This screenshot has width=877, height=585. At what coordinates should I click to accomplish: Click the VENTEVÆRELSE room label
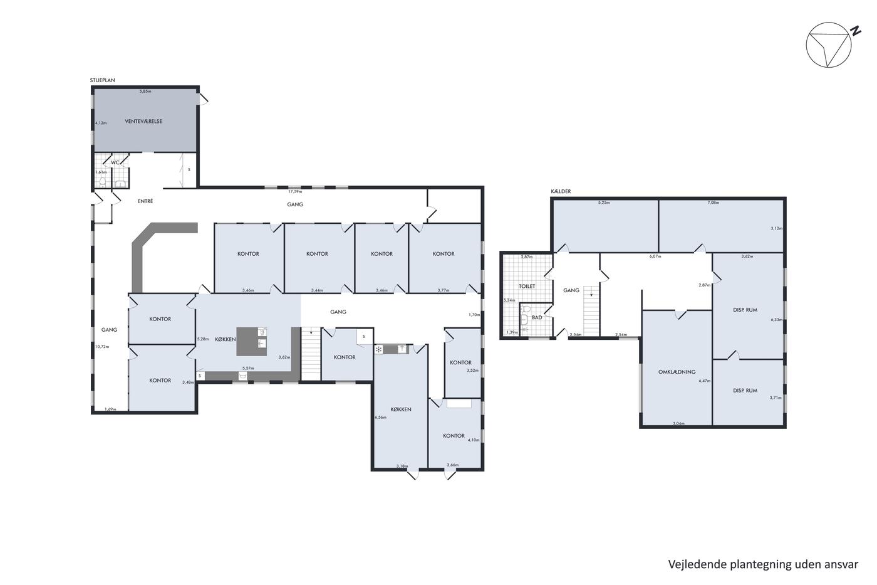point(143,122)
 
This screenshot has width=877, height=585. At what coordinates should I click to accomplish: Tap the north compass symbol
point(829,45)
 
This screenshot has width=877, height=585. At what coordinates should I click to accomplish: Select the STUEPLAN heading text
point(103,80)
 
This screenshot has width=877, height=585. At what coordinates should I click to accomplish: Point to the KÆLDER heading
point(561,191)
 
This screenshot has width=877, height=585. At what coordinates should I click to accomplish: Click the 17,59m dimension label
point(295,192)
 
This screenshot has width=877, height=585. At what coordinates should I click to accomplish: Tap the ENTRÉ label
point(145,201)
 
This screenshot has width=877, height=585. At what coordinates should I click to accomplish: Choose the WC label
point(115,162)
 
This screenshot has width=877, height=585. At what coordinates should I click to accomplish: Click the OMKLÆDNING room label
point(677,372)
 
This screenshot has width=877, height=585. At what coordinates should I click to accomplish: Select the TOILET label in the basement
point(527,287)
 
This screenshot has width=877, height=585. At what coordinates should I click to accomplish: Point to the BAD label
point(537,317)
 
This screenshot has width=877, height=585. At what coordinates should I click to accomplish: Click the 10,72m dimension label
point(102,347)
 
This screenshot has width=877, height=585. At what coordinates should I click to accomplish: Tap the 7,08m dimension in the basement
point(714,203)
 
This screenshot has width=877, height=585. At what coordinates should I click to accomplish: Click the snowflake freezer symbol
point(378,349)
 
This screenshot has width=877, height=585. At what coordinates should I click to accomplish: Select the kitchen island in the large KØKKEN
point(252,341)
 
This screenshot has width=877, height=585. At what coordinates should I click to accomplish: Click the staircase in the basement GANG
point(591,311)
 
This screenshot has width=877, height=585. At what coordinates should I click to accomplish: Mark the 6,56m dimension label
point(381,418)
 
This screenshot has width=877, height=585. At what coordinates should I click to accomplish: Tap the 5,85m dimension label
point(145,92)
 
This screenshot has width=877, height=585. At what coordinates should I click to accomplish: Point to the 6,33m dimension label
point(776,320)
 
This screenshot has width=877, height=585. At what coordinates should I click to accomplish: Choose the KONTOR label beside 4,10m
point(454,436)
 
